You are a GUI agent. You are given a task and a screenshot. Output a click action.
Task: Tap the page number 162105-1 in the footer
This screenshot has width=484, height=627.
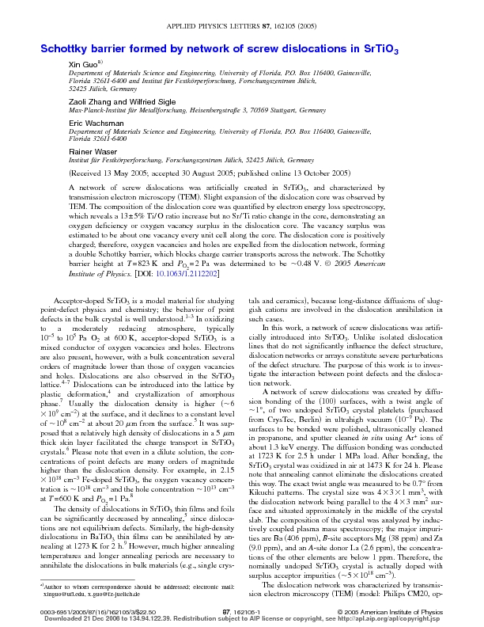tap(241, 612)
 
